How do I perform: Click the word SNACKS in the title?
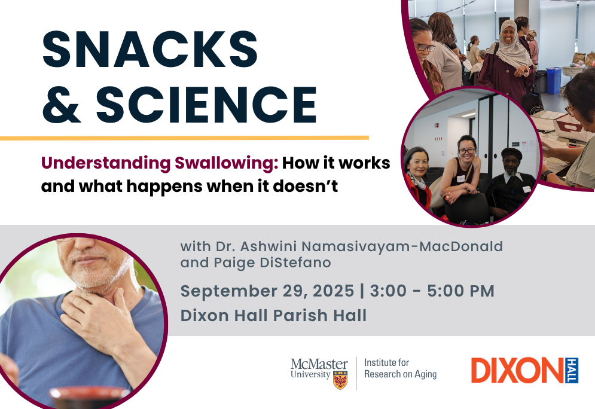pos(150,49)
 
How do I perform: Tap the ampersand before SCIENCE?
pos(62,104)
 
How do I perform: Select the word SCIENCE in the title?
pos(206,104)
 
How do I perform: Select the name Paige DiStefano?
pos(273,263)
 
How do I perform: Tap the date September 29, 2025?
pos(267,291)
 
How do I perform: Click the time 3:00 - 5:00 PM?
pos(432,291)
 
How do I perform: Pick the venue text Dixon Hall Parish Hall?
pos(274,315)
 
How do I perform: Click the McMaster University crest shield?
pos(340,380)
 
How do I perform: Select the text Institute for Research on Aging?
pos(400,368)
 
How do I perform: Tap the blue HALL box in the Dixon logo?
pos(572,370)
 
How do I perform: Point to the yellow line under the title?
pos(184,138)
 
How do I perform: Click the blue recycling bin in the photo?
pos(554,80)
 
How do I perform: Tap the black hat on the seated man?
pos(511,153)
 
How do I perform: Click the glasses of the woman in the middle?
pos(467,151)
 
